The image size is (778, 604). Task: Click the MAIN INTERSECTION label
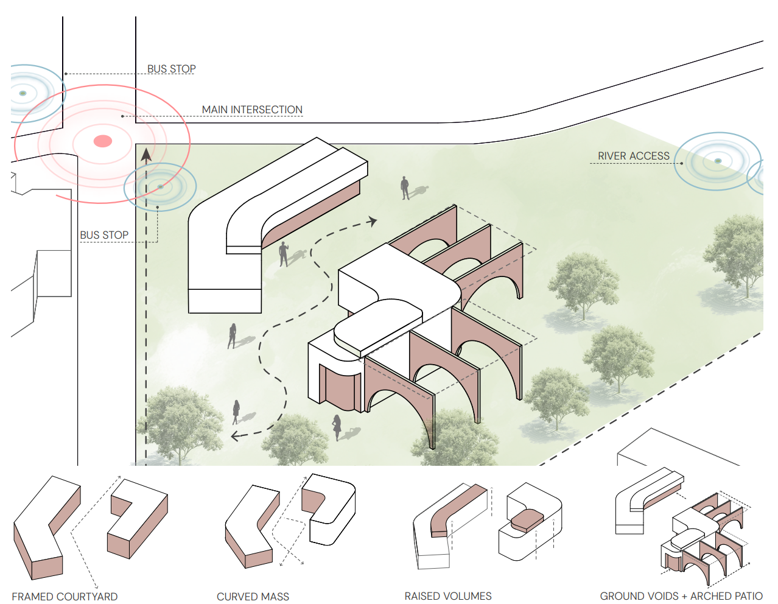[x=252, y=110]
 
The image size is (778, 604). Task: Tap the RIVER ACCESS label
[x=633, y=156]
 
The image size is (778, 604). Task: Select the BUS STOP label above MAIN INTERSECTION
[x=171, y=69]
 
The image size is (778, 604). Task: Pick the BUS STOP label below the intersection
[x=104, y=235]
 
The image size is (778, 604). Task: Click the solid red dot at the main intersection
[x=103, y=141]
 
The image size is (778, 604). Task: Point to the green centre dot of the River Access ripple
[x=718, y=161]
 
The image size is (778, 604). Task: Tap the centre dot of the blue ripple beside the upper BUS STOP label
[x=23, y=93]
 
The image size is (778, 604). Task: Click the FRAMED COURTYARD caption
[x=65, y=597]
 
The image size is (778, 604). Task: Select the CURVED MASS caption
[x=253, y=597]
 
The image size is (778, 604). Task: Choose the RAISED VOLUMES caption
[x=448, y=596]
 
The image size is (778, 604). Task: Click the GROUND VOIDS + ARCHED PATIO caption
[x=681, y=596]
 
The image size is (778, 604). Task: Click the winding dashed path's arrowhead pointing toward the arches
[x=373, y=221]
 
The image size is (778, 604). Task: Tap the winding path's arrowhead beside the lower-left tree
[x=235, y=436]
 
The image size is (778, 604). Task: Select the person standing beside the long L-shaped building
[x=283, y=254]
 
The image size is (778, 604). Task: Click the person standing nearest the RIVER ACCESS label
[x=405, y=188]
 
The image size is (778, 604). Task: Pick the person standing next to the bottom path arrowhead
[x=236, y=411]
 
